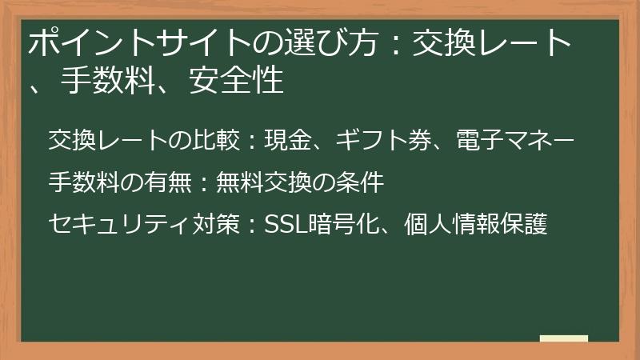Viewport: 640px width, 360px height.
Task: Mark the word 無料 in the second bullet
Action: tap(236, 182)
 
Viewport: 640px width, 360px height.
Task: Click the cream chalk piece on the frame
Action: tap(564, 338)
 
